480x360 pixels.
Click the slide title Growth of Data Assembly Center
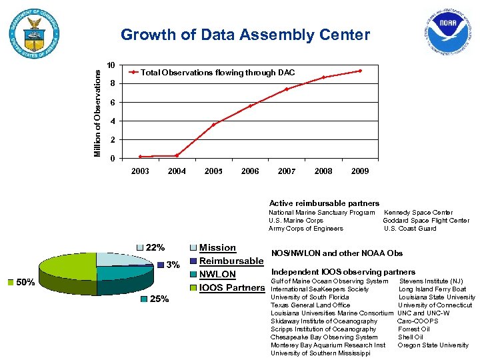245,35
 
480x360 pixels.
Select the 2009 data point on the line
360,71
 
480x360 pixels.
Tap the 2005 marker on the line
214,125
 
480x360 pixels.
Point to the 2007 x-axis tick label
287,171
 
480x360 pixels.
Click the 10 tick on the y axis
111,65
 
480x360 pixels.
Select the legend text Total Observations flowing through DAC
218,72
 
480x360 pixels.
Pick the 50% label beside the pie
25,283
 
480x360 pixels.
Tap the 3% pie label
173,265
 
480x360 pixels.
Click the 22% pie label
155,248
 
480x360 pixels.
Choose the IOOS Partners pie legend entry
231,288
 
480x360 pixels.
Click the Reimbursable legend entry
231,261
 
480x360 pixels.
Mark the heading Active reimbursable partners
324,203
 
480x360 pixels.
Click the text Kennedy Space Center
418,213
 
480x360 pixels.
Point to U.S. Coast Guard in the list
410,229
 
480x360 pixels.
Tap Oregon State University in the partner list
433,345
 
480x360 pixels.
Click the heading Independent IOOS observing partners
343,272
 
